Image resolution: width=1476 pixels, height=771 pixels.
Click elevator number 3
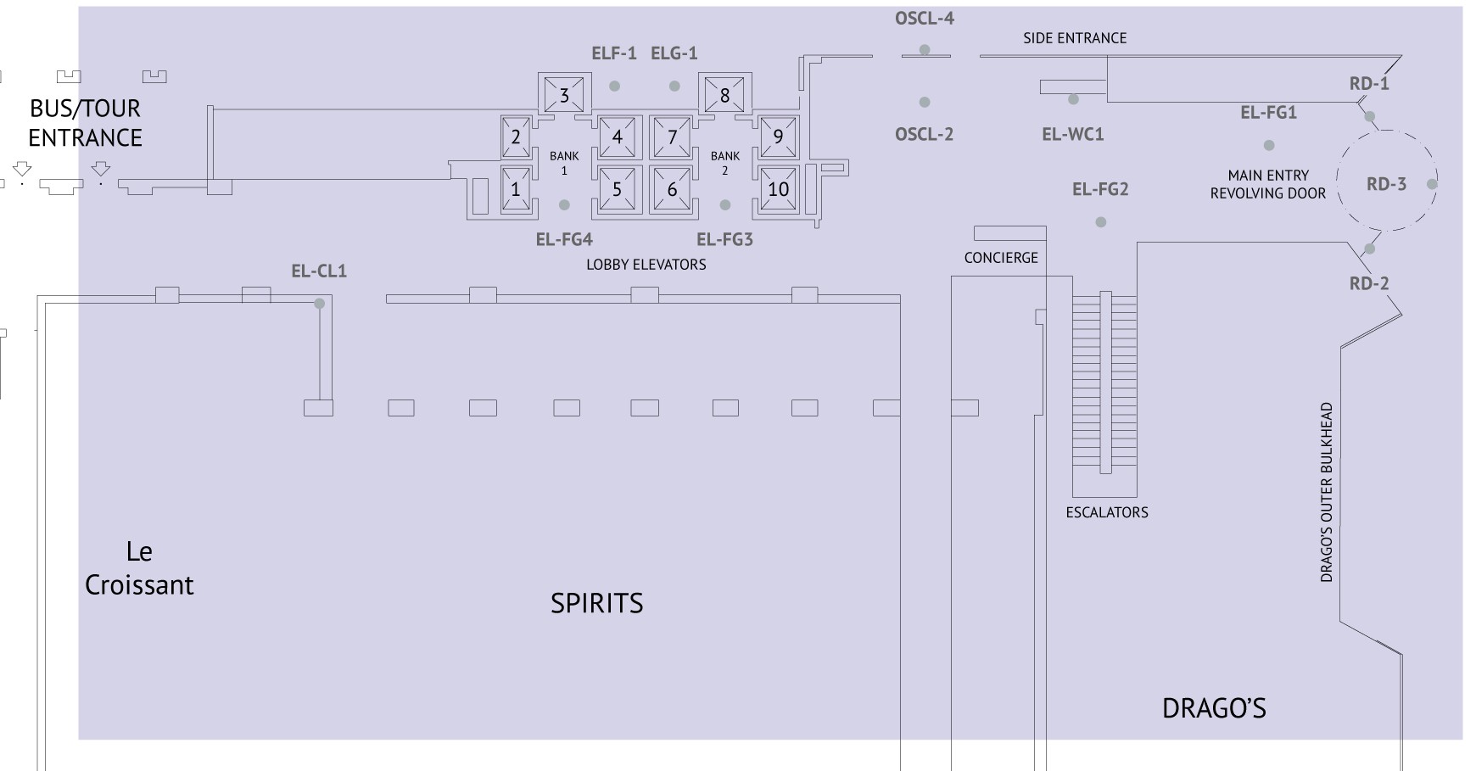pyautogui.click(x=564, y=94)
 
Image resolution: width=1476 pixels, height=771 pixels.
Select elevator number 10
pyautogui.click(x=778, y=189)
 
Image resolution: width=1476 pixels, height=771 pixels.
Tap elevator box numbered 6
pyautogui.click(x=672, y=189)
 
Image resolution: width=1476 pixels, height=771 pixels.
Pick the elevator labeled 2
pyautogui.click(x=516, y=136)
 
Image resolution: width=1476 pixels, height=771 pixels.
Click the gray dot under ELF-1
pyautogui.click(x=614, y=86)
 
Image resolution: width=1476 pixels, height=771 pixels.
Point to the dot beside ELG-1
pyautogui.click(x=674, y=86)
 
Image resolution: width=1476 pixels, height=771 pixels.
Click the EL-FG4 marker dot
pyautogui.click(x=564, y=205)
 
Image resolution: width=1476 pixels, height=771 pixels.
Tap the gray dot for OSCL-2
pyautogui.click(x=925, y=102)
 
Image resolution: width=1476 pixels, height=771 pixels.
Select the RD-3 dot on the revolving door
pyautogui.click(x=1432, y=184)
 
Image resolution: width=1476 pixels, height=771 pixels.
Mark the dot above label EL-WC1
pyautogui.click(x=1073, y=99)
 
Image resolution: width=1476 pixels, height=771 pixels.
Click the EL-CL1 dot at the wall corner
pyautogui.click(x=319, y=304)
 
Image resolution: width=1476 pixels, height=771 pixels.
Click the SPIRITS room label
pyautogui.click(x=597, y=603)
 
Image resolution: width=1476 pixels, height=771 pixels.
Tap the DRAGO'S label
pyautogui.click(x=1214, y=708)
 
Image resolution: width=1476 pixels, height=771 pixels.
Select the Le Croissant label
pyautogui.click(x=139, y=568)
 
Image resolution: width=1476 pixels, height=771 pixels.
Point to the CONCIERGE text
pyautogui.click(x=1001, y=258)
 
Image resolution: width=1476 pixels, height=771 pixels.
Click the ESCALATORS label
pyautogui.click(x=1107, y=512)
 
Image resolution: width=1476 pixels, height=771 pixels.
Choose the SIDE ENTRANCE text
pyautogui.click(x=1075, y=38)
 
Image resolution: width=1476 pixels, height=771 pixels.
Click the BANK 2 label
pyautogui.click(x=724, y=163)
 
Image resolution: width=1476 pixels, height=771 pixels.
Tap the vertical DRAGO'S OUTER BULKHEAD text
pyautogui.click(x=1327, y=492)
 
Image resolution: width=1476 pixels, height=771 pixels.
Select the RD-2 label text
pyautogui.click(x=1369, y=283)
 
